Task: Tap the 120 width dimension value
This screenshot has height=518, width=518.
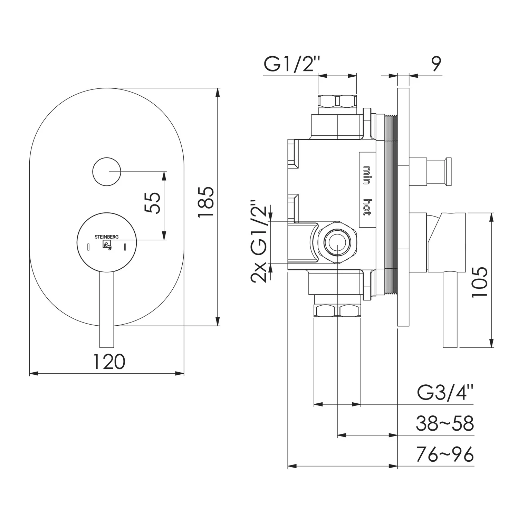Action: (x=109, y=362)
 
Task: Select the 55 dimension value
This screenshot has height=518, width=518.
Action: (x=152, y=203)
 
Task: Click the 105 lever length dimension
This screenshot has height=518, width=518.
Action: (x=480, y=281)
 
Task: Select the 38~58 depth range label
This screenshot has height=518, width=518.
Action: (x=445, y=423)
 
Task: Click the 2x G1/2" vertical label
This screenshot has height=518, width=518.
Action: (x=260, y=241)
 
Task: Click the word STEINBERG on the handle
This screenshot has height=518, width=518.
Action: (x=107, y=237)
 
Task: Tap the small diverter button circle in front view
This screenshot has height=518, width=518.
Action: (x=107, y=172)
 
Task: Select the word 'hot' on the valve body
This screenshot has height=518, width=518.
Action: (x=367, y=208)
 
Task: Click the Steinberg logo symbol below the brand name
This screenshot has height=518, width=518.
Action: (x=107, y=245)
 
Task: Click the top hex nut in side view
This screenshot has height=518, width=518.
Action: (x=337, y=101)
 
